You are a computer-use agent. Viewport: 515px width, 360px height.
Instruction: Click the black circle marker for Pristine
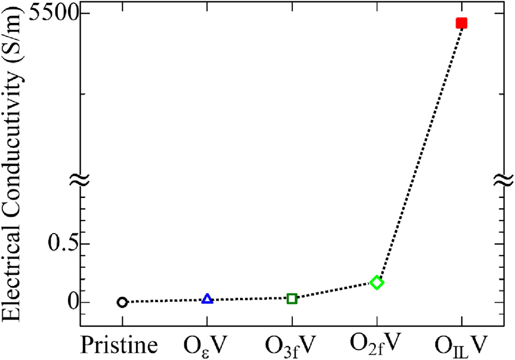(122, 302)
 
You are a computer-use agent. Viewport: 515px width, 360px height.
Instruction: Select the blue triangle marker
(207, 299)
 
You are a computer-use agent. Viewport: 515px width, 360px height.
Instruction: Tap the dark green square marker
(292, 298)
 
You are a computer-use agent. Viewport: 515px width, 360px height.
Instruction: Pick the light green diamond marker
(376, 283)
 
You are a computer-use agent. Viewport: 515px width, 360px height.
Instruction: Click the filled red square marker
(462, 23)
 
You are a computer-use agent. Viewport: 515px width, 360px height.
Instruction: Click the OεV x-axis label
(207, 346)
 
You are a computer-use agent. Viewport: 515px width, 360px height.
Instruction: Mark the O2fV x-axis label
(376, 345)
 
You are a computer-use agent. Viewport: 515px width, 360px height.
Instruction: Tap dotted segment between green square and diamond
(334, 291)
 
